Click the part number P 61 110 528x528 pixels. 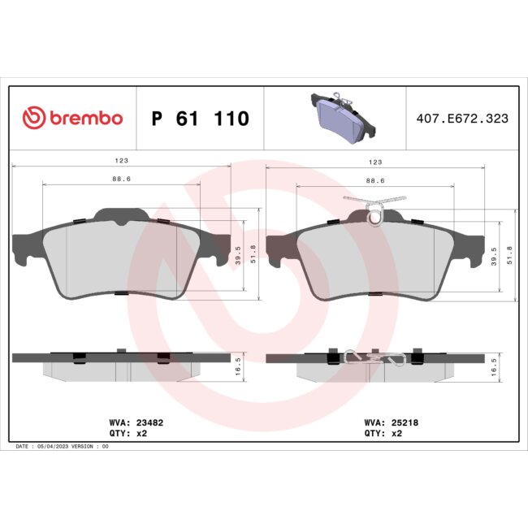(x=200, y=119)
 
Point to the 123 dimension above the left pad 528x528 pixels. (x=121, y=161)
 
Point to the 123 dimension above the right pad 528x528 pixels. (x=375, y=161)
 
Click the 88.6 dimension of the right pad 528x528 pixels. (x=375, y=180)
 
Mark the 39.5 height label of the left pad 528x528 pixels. (x=239, y=257)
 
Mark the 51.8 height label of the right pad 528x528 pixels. (x=510, y=257)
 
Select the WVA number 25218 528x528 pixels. (x=403, y=422)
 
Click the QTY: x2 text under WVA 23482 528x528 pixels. (x=128, y=434)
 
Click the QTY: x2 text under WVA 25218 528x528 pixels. (x=383, y=434)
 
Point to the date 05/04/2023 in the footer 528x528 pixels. (x=55, y=446)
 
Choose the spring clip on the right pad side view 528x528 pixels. (x=369, y=357)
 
